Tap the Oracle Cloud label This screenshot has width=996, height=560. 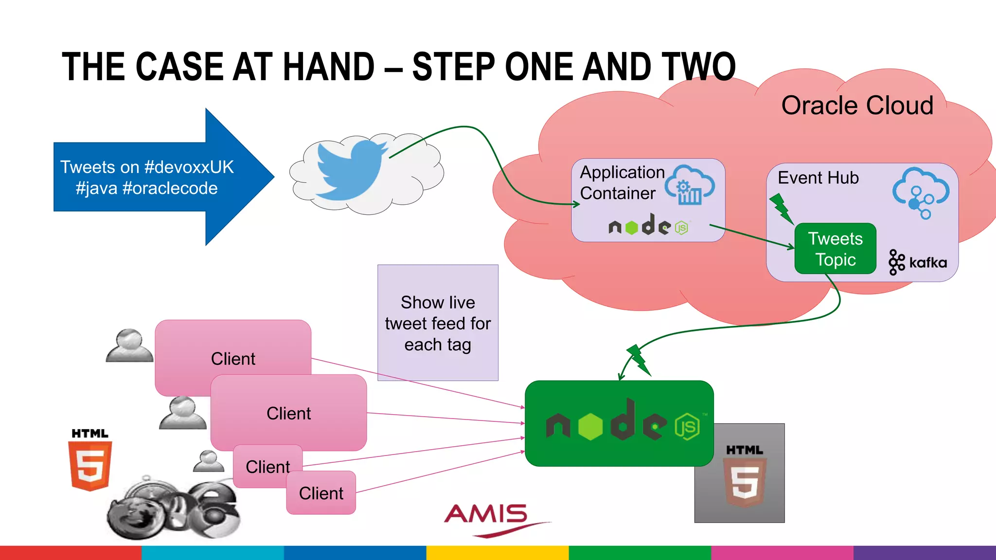857,105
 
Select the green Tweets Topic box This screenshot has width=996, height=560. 835,249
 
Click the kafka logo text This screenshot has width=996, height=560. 927,263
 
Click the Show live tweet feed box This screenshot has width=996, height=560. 438,323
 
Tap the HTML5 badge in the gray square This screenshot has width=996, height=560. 744,476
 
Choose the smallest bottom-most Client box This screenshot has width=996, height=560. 321,493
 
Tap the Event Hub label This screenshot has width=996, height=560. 818,178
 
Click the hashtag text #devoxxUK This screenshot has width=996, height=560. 189,167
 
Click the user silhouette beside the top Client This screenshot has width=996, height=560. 129,346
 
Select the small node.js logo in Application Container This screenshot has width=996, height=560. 648,226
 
